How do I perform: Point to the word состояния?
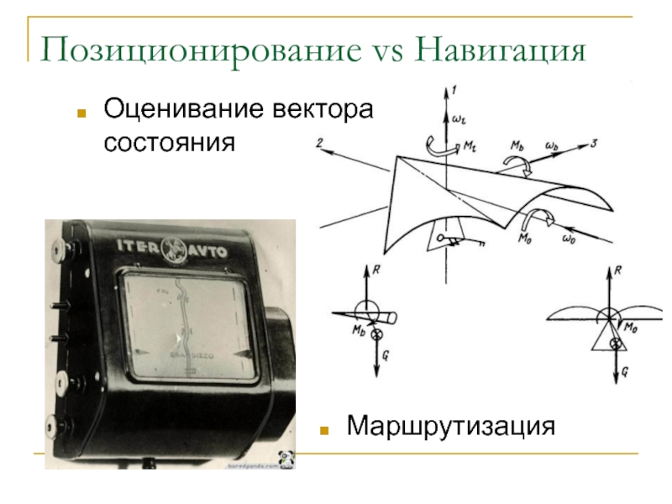[x=167, y=143]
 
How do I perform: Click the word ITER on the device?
[x=138, y=248]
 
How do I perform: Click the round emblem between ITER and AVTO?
[x=175, y=249]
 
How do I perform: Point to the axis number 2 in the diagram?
[x=320, y=144]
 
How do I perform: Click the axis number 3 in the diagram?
[x=593, y=144]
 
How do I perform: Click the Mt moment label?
[x=468, y=144]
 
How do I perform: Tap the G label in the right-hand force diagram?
[x=625, y=370]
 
